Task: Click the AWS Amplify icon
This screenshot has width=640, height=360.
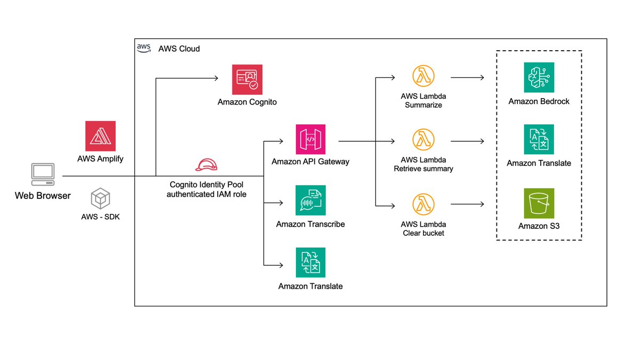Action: point(100,136)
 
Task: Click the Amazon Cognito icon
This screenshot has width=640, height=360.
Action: point(247,80)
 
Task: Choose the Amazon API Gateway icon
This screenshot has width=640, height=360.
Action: point(310,139)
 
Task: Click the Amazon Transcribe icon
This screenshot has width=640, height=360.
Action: point(310,201)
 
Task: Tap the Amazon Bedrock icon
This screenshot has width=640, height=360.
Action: point(539,77)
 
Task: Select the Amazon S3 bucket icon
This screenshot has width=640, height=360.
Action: point(539,203)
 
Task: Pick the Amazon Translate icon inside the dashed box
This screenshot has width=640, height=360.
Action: point(539,140)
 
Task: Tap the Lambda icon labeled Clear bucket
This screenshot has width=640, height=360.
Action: point(423,204)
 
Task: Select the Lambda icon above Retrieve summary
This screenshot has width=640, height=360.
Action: point(423,139)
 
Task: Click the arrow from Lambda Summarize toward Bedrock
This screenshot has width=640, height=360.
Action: point(467,78)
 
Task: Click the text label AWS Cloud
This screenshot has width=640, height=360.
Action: point(179,49)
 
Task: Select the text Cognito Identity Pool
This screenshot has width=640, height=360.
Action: point(206,185)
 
